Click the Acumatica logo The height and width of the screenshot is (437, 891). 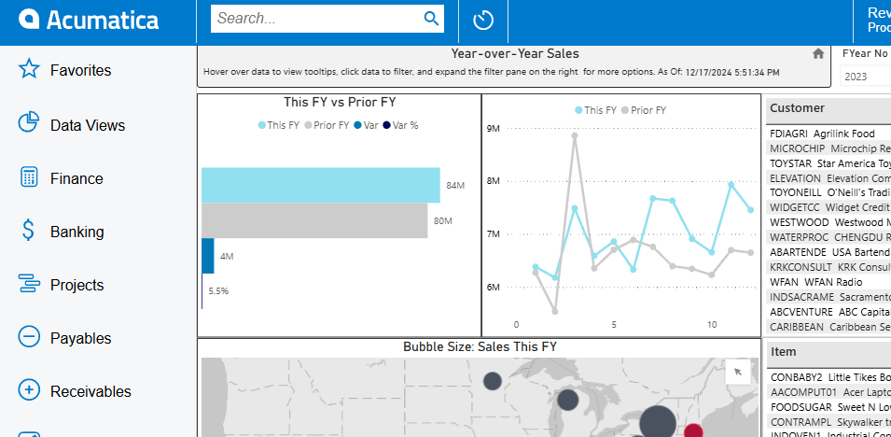pos(89,20)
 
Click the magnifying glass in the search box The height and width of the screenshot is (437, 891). pos(431,18)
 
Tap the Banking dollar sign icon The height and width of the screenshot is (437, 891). pos(29,231)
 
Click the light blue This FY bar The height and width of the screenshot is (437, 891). pos(320,185)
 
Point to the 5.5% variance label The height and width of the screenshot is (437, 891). pos(218,291)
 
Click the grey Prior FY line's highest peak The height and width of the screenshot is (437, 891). pos(575,135)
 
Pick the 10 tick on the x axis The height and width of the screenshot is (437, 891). pos(712,325)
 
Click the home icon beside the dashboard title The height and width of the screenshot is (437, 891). pos(818,54)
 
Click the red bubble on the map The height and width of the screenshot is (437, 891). pos(693,430)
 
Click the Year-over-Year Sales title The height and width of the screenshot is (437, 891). pos(515,54)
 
